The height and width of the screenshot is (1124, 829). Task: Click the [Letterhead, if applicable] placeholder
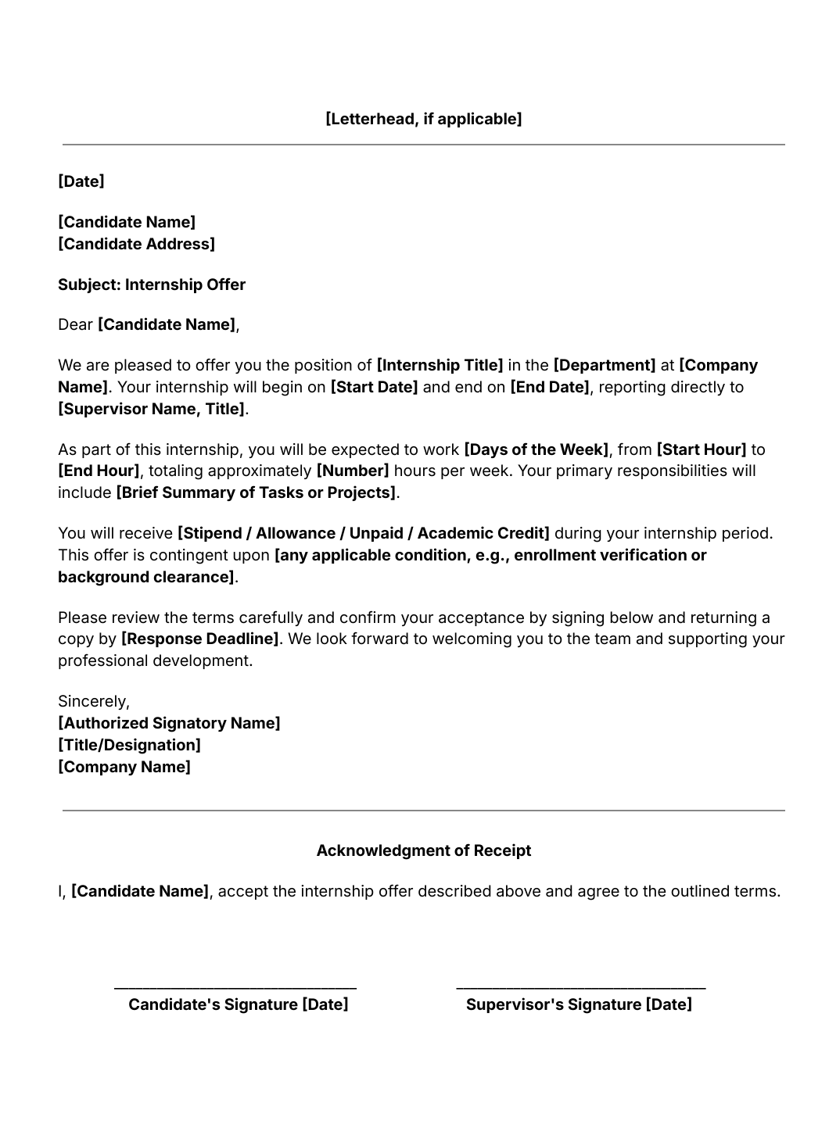(x=423, y=119)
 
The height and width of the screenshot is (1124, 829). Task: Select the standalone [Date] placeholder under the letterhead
(x=81, y=181)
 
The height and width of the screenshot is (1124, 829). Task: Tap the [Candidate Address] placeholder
(x=136, y=244)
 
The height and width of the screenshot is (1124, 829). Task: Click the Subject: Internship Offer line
(x=152, y=285)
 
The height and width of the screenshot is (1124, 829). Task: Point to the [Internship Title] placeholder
(x=440, y=365)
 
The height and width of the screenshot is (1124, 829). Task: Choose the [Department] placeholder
(x=605, y=365)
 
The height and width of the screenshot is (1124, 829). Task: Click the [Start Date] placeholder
(x=374, y=387)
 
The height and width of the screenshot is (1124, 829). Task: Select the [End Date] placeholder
(x=550, y=387)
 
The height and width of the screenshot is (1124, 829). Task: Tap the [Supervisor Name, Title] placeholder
(x=152, y=409)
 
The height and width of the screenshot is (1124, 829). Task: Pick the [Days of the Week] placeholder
(x=536, y=449)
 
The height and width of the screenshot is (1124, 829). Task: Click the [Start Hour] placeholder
(x=702, y=449)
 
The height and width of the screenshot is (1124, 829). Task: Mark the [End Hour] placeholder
(x=99, y=471)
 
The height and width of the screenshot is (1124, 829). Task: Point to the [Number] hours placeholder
(x=352, y=471)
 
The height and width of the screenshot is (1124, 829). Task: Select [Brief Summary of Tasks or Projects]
(x=256, y=492)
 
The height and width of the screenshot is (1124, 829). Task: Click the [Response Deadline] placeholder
(x=199, y=639)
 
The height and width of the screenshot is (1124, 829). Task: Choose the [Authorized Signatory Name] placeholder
(x=169, y=723)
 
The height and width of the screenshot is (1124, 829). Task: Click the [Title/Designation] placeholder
(x=129, y=745)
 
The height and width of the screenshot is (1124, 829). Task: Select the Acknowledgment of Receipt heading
(x=423, y=850)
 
